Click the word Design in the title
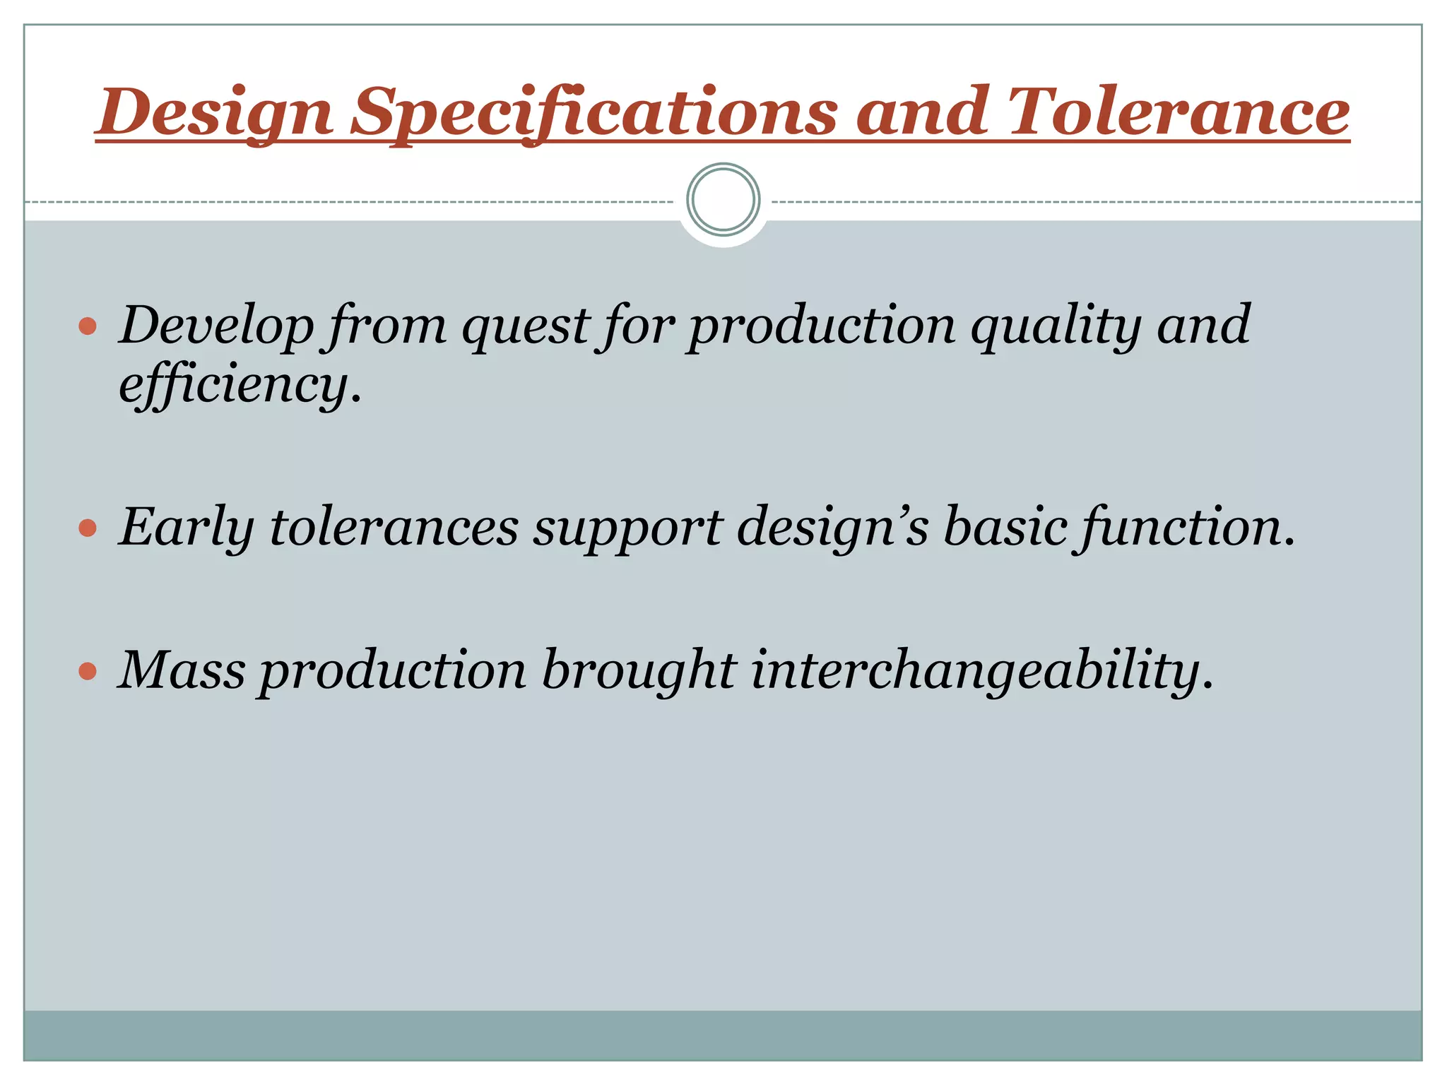tap(214, 112)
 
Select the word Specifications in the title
tap(594, 112)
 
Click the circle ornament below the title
tap(723, 200)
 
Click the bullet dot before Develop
tap(88, 326)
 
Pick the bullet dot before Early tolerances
tap(88, 528)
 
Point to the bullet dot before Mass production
tap(88, 671)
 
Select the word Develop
tap(216, 326)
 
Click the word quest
tap(526, 327)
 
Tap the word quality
tap(1056, 326)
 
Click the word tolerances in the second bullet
tap(394, 528)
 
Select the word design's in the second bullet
tap(832, 528)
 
